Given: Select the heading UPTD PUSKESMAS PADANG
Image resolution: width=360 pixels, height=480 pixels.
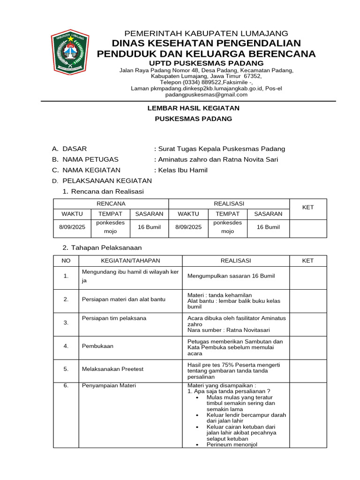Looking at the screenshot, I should pos(206,63).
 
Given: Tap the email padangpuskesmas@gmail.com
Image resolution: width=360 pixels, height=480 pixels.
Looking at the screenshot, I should pos(206,94).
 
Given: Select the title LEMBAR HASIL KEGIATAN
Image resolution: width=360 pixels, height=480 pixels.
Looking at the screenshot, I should pos(194,108).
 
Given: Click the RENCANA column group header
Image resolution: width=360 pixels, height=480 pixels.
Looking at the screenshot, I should pos(111,203).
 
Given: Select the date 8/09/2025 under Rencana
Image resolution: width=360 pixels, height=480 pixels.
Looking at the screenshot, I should pos(72,227).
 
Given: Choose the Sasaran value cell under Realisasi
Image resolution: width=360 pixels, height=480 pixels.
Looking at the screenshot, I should pos(268,227).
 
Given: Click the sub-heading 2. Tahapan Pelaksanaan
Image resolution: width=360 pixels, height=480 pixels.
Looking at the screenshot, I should pos(102,247).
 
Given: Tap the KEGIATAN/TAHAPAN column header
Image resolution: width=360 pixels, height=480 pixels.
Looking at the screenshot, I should pos(131,261).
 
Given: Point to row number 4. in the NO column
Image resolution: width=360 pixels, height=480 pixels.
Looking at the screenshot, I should pos(66,346).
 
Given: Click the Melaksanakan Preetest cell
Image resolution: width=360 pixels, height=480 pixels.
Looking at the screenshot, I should pos(112,369).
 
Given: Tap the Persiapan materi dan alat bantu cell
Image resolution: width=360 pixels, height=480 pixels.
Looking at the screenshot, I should pos(124,299).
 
